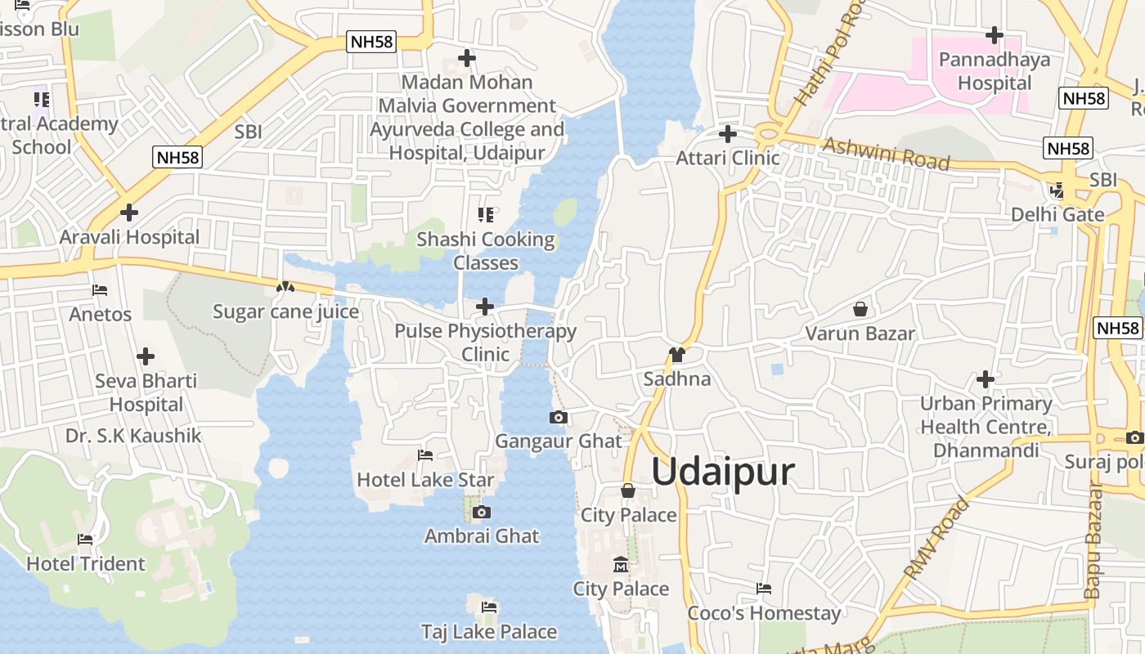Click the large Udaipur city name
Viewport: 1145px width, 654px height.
723,473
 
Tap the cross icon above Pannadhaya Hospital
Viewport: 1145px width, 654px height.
995,35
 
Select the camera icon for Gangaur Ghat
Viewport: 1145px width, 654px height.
559,418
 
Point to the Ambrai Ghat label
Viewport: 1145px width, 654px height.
482,536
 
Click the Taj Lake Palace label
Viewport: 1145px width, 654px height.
489,632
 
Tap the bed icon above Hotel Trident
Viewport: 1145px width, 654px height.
85,540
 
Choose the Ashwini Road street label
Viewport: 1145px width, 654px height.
887,154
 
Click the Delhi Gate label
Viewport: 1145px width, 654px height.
1057,215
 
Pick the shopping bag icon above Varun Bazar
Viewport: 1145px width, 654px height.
860,309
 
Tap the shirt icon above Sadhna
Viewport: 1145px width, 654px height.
676,355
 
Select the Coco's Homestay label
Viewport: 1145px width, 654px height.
764,613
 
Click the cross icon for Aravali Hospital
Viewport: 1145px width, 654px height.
128,213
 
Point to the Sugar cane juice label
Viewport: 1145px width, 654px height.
285,311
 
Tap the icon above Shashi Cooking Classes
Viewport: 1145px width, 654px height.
486,215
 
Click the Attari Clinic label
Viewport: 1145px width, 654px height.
728,158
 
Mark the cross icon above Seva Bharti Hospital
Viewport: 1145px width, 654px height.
146,356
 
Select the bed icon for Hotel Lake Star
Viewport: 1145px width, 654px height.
425,455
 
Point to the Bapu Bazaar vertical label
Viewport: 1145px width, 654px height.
1093,540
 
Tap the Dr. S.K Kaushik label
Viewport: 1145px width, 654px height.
133,436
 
